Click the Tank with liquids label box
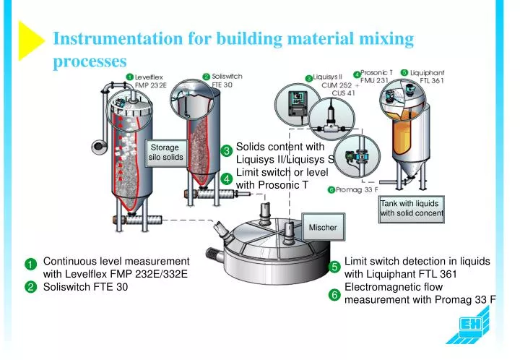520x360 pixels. [x=411, y=208]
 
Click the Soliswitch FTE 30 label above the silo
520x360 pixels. [x=227, y=80]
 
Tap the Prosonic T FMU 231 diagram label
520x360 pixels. [x=376, y=77]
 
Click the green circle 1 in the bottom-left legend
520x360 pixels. [x=30, y=265]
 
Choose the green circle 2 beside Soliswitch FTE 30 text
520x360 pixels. [x=30, y=288]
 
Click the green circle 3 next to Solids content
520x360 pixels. [x=226, y=151]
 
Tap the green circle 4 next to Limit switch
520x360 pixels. [x=226, y=179]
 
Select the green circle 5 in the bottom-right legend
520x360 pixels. [x=334, y=268]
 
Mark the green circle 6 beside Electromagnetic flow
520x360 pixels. [x=334, y=295]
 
